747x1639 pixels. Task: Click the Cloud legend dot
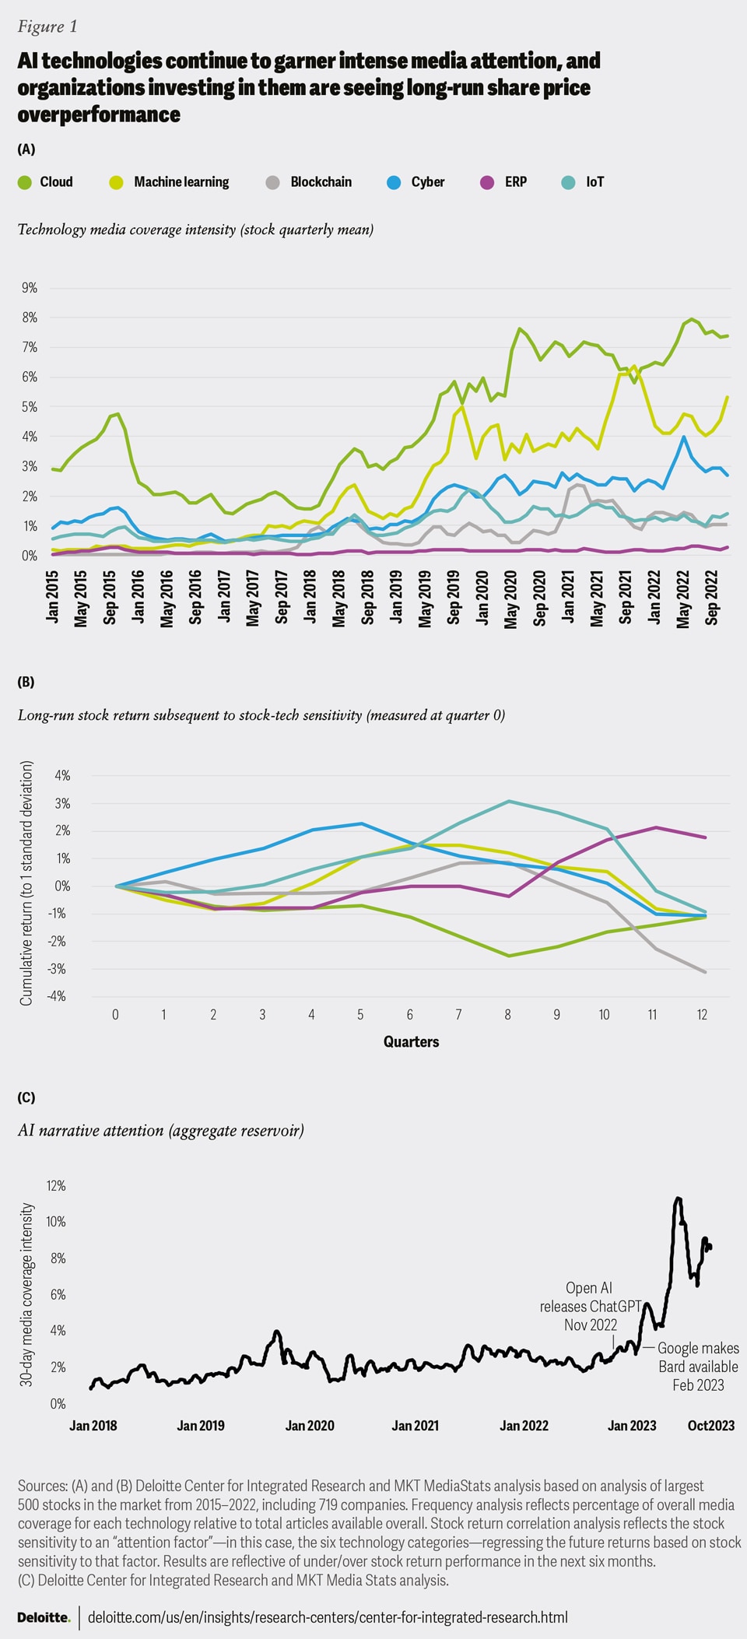(25, 182)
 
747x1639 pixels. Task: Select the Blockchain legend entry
(321, 182)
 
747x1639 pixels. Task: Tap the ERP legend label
(515, 182)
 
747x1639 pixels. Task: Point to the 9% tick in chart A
(30, 288)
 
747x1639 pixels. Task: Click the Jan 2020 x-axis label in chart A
(482, 598)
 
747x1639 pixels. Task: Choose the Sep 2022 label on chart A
(712, 598)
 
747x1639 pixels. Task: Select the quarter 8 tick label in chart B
(507, 1015)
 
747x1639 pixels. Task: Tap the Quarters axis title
(411, 1041)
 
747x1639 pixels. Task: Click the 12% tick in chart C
(56, 1186)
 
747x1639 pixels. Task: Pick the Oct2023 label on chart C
(710, 1426)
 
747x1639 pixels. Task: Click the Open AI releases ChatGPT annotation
(591, 1307)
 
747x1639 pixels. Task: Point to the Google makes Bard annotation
(698, 1367)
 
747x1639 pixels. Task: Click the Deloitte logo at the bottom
(44, 1617)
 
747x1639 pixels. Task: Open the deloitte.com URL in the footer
(328, 1617)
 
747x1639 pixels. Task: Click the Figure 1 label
(47, 26)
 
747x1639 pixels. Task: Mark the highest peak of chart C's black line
(678, 1199)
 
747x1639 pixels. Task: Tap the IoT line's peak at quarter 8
(508, 801)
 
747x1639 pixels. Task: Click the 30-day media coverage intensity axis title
(27, 1294)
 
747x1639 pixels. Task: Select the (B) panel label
(26, 682)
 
